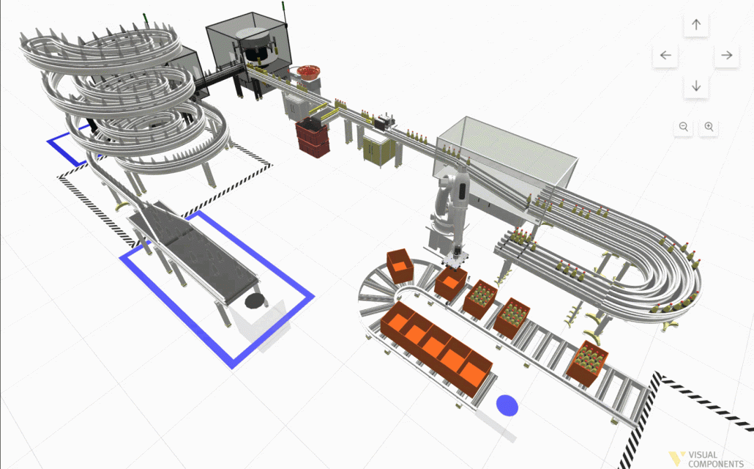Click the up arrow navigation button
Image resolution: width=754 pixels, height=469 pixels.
click(x=696, y=25)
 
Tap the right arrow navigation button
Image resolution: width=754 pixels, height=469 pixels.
click(x=726, y=56)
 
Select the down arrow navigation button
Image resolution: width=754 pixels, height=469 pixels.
click(x=696, y=86)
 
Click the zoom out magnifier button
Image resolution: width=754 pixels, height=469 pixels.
click(x=683, y=127)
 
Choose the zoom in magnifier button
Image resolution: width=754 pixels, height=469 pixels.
click(x=709, y=127)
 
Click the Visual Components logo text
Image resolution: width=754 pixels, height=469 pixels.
click(x=715, y=459)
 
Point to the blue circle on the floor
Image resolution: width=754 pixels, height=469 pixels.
click(x=507, y=405)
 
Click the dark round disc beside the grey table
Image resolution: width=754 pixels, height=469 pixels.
click(x=254, y=301)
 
